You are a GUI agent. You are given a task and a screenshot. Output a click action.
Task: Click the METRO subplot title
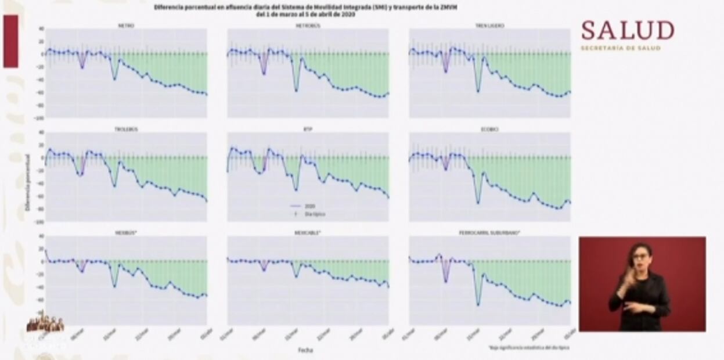coord(126,26)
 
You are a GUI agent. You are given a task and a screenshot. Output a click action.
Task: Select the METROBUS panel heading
coord(308,26)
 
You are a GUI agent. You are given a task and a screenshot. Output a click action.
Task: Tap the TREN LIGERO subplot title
coord(489,26)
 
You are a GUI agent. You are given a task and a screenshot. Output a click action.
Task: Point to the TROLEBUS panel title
coord(126,129)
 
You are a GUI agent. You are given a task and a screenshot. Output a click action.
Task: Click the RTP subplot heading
coord(308,129)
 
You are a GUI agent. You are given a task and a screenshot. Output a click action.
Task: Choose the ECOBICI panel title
coord(489,129)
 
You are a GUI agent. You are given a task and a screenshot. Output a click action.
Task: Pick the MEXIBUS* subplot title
coord(126,232)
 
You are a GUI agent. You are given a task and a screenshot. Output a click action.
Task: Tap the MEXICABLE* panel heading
coord(308,232)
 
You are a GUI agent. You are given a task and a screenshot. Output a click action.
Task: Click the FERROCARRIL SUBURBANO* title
coord(489,232)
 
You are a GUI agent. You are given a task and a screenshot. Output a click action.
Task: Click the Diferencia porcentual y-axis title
coord(28,181)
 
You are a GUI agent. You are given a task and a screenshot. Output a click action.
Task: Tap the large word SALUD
coord(628,30)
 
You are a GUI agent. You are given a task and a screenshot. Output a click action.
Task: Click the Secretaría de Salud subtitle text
coord(621,48)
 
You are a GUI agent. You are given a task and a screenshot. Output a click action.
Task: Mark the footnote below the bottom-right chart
coord(529,347)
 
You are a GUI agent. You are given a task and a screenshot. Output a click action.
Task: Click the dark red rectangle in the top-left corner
coord(10,41)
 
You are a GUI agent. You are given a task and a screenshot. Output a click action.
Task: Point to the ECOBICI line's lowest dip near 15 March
coord(478,203)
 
